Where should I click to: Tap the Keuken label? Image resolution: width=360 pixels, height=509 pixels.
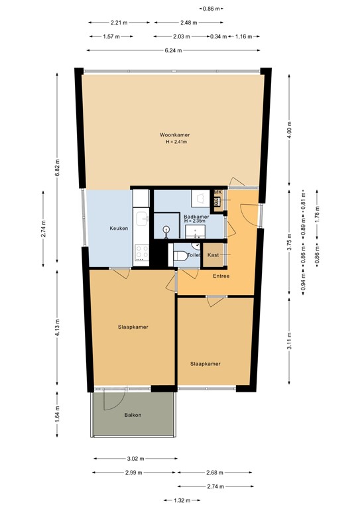[x=119, y=229]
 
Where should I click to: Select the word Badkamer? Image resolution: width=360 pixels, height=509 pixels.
[x=196, y=216]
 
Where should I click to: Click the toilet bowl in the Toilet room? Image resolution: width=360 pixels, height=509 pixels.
[x=178, y=255]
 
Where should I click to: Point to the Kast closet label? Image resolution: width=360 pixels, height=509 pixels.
[x=213, y=255]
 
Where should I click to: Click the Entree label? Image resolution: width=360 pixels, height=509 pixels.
[x=221, y=276]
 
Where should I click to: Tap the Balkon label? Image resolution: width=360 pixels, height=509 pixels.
[x=133, y=415]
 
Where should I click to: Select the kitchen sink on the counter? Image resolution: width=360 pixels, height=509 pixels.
[x=141, y=219]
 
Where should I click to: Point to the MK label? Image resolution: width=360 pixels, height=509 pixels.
[x=217, y=193]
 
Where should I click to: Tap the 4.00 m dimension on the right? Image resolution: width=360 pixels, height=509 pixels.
[x=289, y=131]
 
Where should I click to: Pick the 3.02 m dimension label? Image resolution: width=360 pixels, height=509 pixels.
[x=136, y=458]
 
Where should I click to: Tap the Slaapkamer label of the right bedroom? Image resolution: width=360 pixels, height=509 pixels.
[x=205, y=363]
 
